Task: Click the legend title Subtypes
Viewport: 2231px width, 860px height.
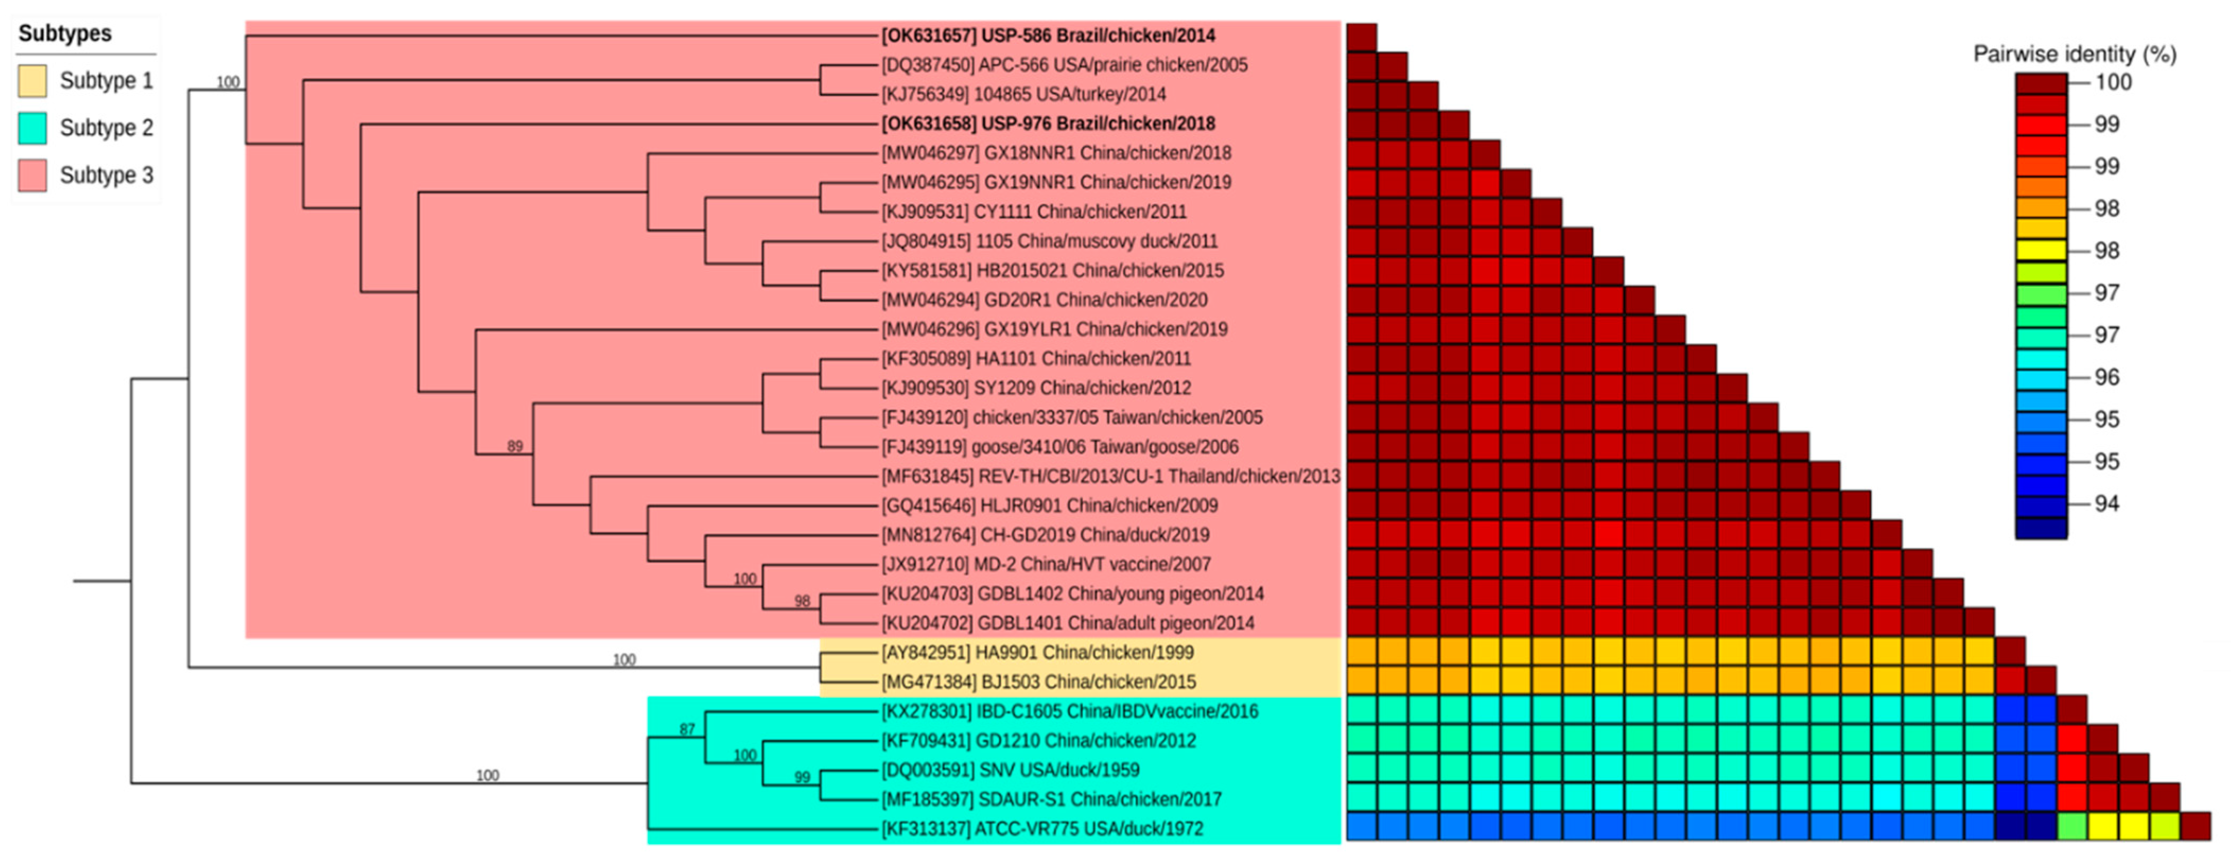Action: (65, 34)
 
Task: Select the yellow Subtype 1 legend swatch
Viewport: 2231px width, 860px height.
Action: (32, 81)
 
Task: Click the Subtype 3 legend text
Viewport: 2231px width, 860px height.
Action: (106, 175)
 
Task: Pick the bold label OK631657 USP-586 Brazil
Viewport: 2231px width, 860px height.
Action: (1048, 36)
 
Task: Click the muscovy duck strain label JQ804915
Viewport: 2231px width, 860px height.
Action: (1049, 241)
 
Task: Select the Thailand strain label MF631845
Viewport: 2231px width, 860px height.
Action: (1110, 476)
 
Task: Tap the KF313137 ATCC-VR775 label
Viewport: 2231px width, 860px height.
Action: (1042, 829)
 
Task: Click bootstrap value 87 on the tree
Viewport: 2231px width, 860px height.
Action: (687, 729)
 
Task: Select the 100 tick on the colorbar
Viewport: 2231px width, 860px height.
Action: (2113, 82)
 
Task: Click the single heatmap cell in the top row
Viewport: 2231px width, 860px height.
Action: (1361, 37)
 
